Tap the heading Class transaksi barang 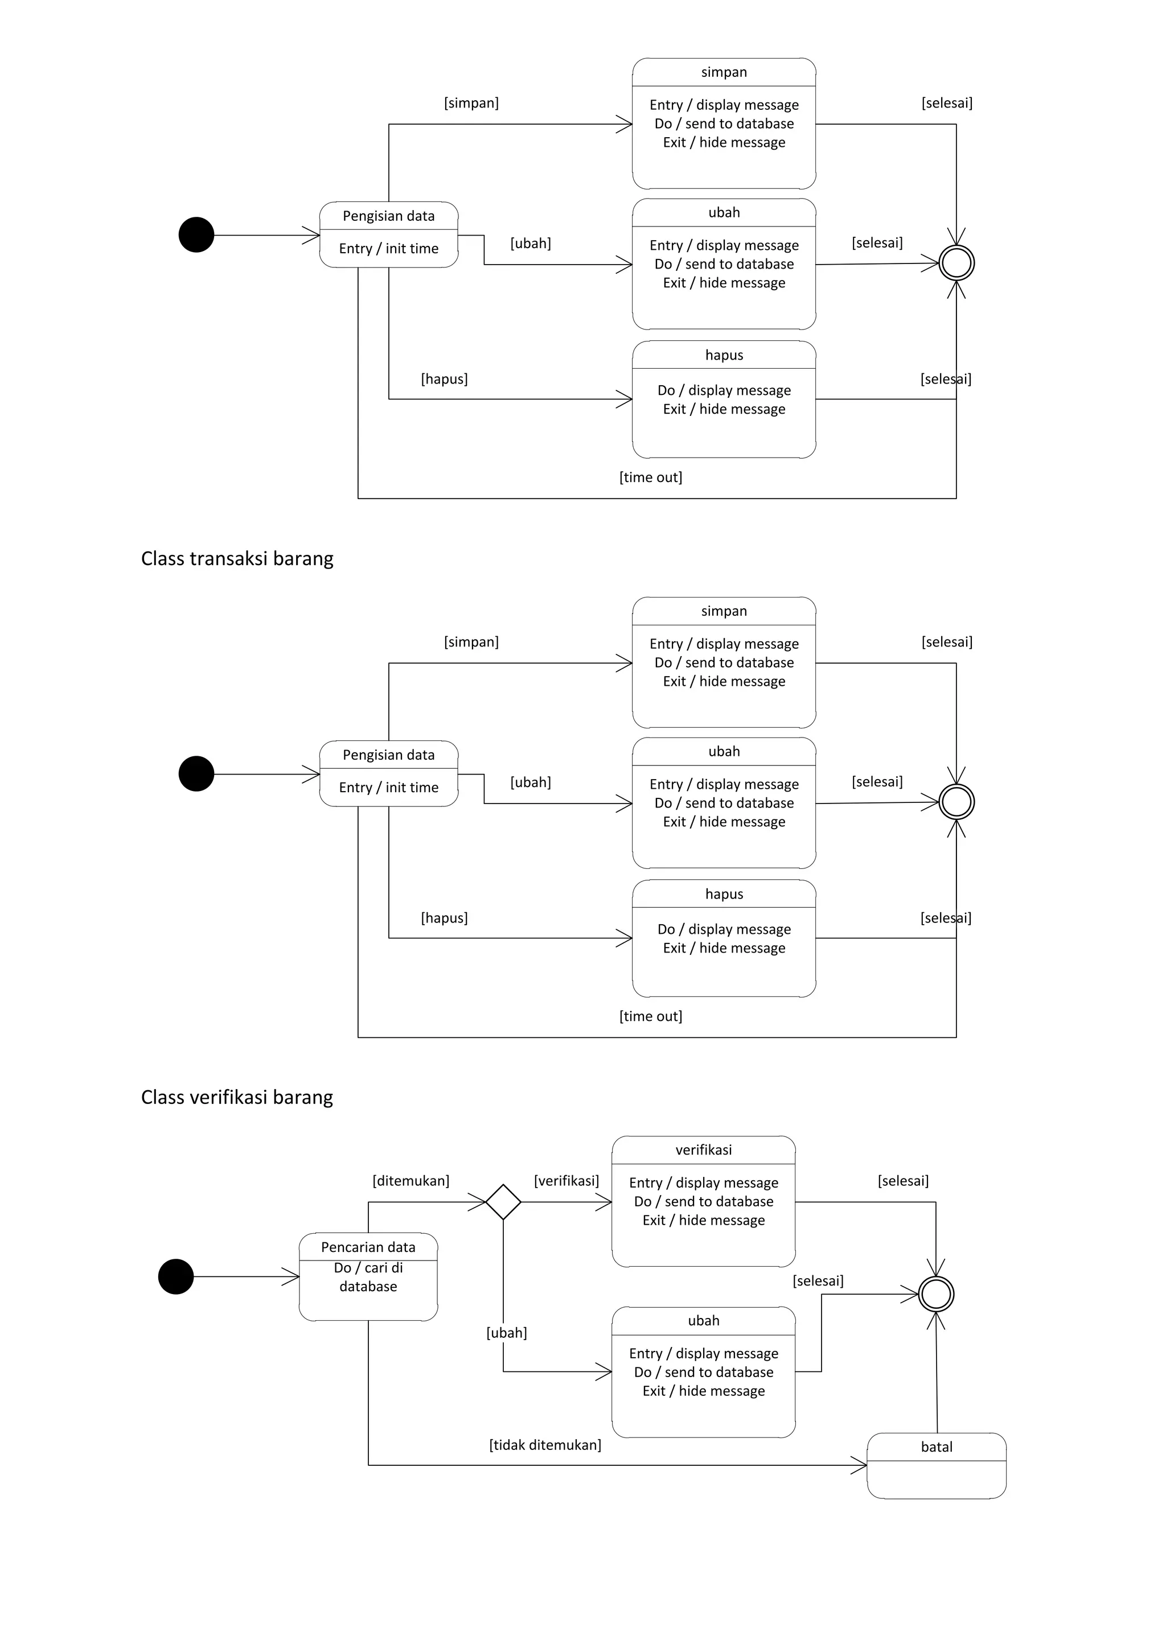coord(237,558)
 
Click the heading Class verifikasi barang coord(237,1098)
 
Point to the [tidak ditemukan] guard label coord(545,1445)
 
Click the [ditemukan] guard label coord(410,1181)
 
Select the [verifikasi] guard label coord(566,1181)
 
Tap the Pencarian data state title coord(368,1247)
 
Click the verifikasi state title coord(704,1150)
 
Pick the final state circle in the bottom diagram coord(936,1295)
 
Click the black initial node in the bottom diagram coord(176,1276)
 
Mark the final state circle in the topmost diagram coord(956,263)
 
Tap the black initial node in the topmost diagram coord(196,234)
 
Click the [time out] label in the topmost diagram coord(651,477)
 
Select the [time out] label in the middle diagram coord(651,1016)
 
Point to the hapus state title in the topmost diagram coord(724,355)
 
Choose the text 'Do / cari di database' coord(368,1277)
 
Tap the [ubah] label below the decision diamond coord(506,1333)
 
